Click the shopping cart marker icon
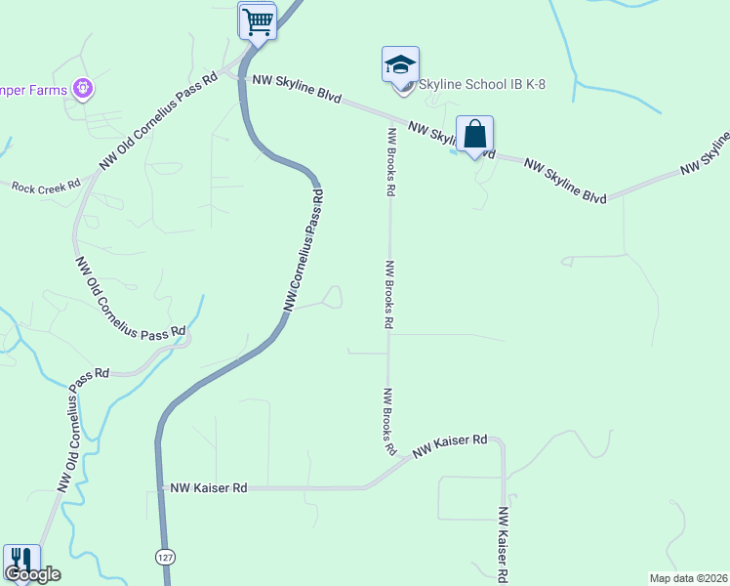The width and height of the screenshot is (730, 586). tap(258, 21)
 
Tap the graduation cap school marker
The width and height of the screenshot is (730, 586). tap(400, 65)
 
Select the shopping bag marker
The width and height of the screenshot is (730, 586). tap(474, 135)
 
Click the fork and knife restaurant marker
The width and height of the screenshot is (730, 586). tap(21, 561)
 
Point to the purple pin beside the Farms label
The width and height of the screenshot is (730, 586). tap(84, 90)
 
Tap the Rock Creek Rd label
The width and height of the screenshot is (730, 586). tap(46, 186)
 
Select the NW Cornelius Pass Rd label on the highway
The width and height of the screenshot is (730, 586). tap(304, 251)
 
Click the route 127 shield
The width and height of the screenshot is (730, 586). tap(165, 555)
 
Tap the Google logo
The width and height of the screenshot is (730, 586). tap(32, 574)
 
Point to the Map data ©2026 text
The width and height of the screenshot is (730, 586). tap(689, 577)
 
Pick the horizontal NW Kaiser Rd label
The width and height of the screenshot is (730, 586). tap(209, 486)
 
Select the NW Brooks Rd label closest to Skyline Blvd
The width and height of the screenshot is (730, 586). tap(390, 163)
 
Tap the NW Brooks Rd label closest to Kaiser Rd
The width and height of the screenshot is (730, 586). tap(389, 422)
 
